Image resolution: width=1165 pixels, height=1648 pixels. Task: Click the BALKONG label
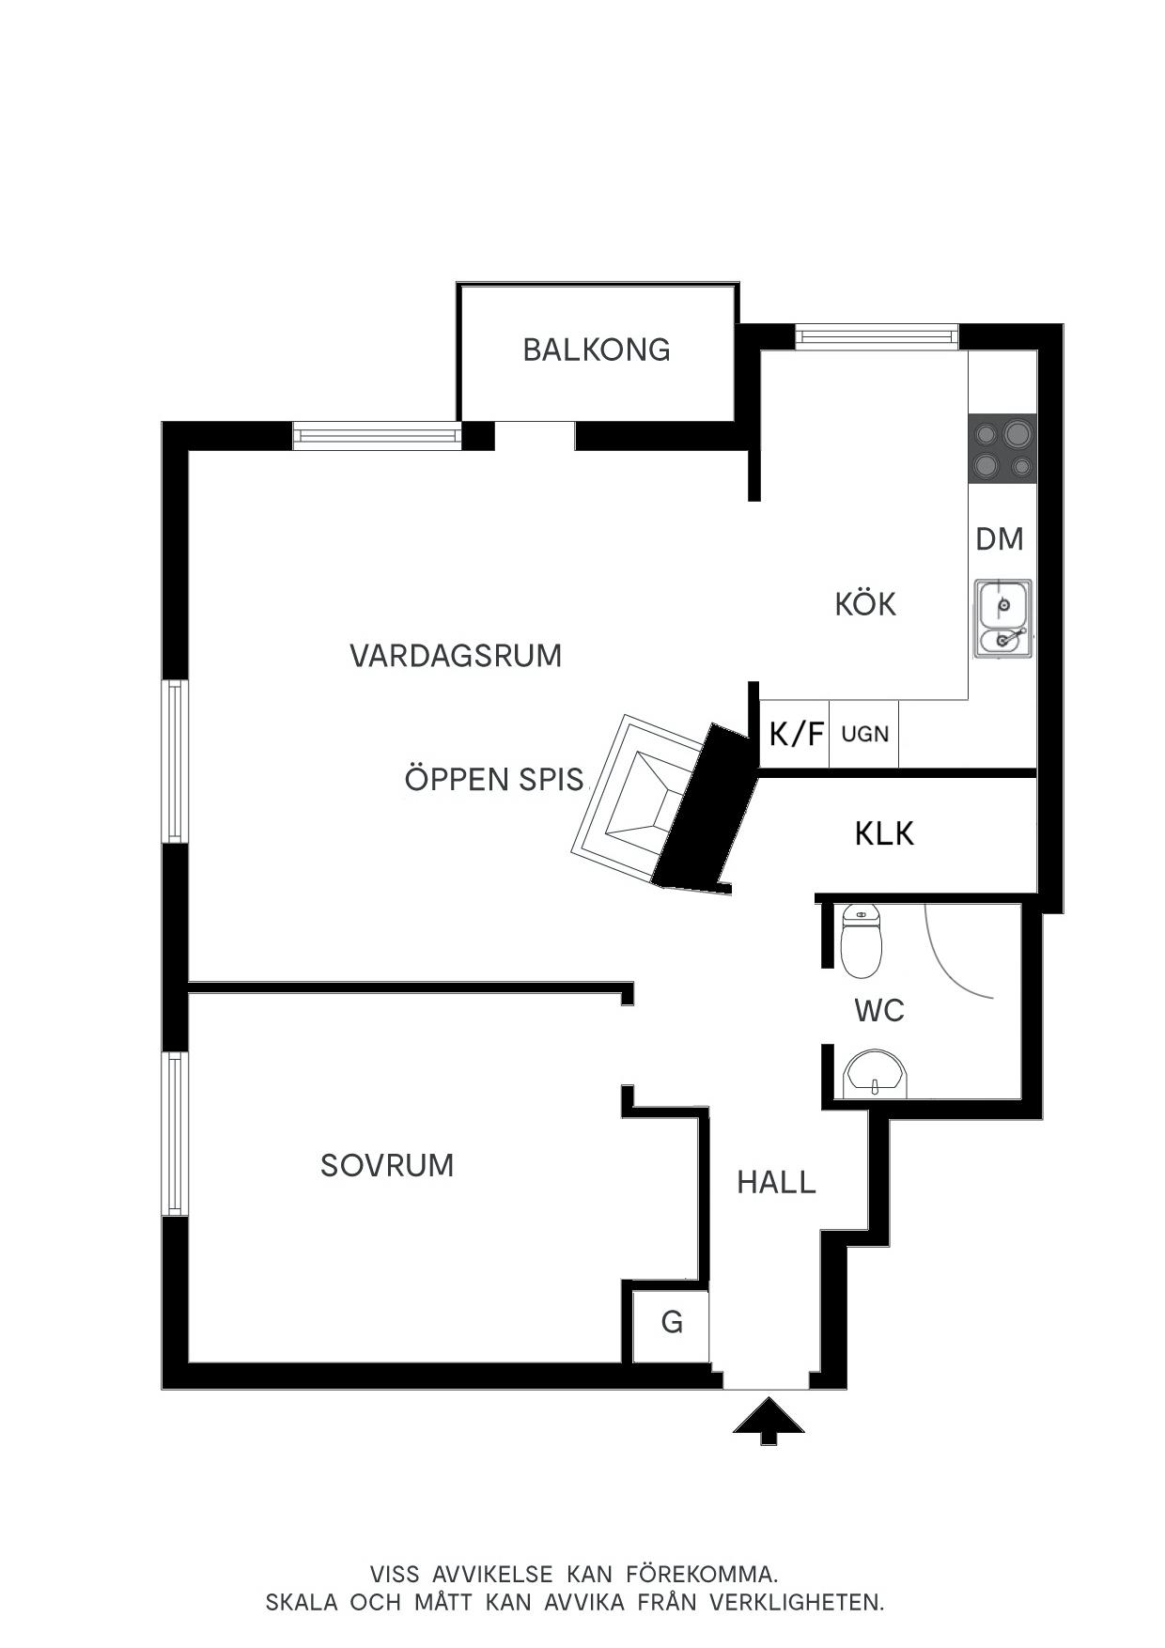(x=597, y=350)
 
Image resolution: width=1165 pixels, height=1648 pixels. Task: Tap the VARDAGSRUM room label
(x=456, y=656)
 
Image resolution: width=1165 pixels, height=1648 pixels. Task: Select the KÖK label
(x=865, y=603)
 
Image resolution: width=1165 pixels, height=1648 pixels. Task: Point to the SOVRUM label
(x=387, y=1165)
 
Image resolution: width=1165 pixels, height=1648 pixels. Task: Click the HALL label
(x=776, y=1182)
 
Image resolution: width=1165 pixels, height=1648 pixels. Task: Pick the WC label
(x=879, y=1011)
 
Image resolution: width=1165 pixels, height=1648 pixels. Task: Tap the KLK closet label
(x=884, y=833)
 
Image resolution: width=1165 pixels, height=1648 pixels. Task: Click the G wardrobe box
(x=671, y=1326)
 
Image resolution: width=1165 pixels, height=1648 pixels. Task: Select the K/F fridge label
(x=796, y=733)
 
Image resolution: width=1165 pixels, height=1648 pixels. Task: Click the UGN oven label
(x=864, y=733)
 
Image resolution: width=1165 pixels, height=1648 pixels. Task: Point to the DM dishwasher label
(x=1000, y=539)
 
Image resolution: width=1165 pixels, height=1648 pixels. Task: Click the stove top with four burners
(x=1002, y=449)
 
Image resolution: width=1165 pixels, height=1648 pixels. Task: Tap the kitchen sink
(x=1002, y=618)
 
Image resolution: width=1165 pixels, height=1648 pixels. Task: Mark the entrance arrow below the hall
(x=769, y=1420)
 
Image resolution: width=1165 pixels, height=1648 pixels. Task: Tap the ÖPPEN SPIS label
(x=494, y=780)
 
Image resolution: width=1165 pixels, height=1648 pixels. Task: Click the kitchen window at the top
(x=877, y=336)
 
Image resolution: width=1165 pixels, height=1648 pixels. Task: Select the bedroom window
(x=175, y=1133)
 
